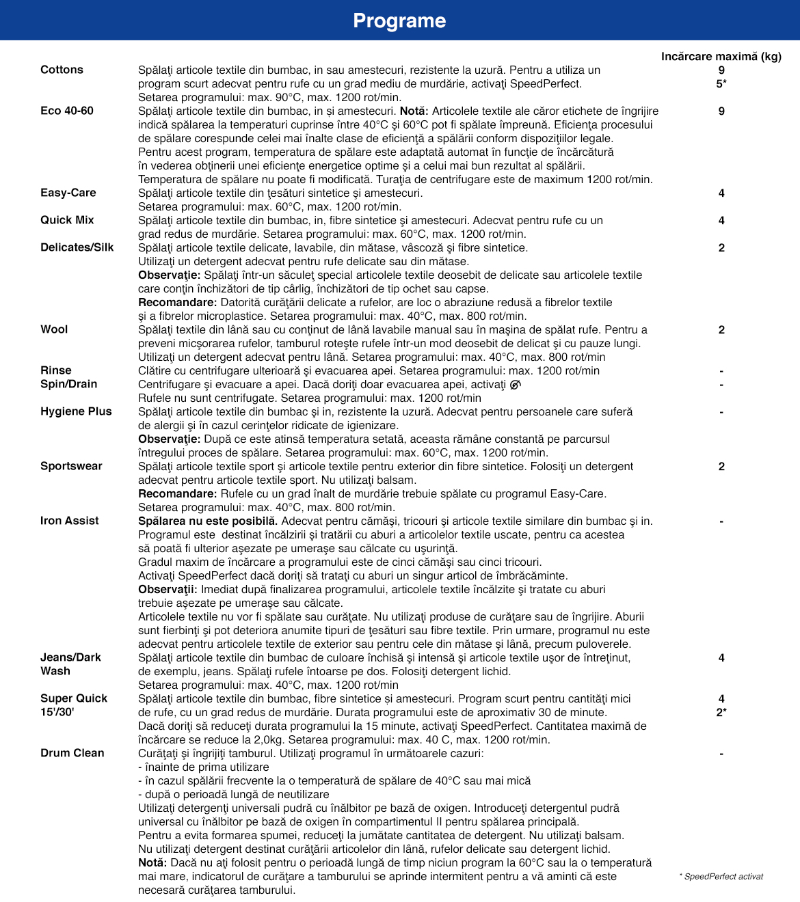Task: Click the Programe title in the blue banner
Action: pos(399,20)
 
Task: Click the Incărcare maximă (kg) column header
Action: pos(721,56)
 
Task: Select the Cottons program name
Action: pos(62,70)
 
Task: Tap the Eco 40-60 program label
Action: pos(67,111)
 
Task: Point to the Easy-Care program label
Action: pos(68,193)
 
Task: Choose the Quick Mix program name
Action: pos(67,220)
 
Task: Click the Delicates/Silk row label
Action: pos(77,247)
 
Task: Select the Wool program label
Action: pos(54,329)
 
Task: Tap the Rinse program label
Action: pos(56,370)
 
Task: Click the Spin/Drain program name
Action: pos(69,384)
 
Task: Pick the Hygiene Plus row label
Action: pos(76,411)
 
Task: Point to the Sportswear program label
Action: pos(71,466)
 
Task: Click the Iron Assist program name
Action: pos(70,521)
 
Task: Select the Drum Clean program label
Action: pos(72,753)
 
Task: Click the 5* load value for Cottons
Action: pos(721,83)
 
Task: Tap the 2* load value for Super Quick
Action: pos(721,712)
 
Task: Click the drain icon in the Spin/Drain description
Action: pos(516,384)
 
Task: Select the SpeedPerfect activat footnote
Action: pos(721,877)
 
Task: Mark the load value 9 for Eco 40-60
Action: pos(721,111)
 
